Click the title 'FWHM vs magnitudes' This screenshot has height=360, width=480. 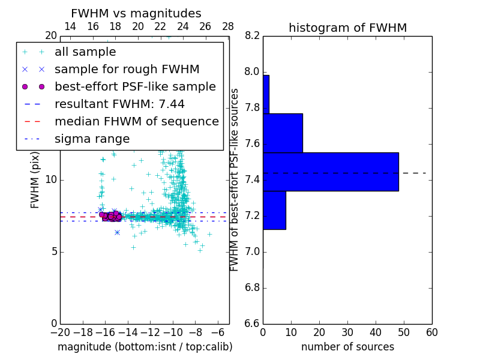pos(136,13)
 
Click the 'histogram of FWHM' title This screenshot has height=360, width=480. pos(347,28)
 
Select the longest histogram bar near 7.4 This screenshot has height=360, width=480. pos(331,172)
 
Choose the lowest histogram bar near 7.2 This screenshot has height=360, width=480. pos(274,210)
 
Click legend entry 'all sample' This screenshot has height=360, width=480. pos(85,52)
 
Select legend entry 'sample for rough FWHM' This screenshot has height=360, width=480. pos(127,70)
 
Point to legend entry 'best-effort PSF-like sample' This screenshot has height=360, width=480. pos(135,87)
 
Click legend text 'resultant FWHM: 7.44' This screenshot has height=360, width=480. pos(119,104)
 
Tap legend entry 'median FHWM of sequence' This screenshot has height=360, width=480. pos(136,122)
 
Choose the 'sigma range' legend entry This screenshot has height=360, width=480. pos(92,139)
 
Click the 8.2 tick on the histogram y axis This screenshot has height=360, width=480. pos(252,36)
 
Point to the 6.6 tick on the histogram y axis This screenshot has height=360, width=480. pos(252,323)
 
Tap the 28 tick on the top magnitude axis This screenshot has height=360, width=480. pos(228,26)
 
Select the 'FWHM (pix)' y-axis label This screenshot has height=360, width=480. pos(35,181)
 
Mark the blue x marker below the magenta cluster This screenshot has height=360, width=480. pos(117,232)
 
